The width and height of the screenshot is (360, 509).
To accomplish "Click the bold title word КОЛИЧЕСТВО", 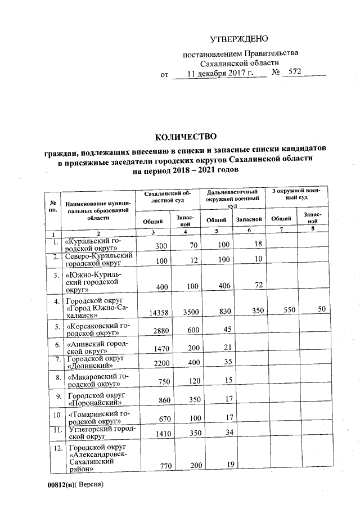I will coord(185,137).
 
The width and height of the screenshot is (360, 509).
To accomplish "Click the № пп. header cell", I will coord(52,205).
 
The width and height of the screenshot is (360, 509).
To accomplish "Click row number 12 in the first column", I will coord(54,449).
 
